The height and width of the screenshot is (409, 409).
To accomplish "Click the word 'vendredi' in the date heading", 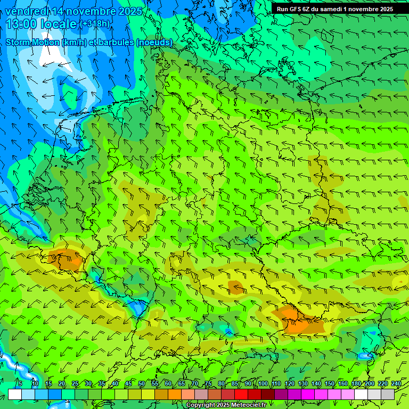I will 27,11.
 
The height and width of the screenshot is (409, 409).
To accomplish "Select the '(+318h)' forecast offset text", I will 95,24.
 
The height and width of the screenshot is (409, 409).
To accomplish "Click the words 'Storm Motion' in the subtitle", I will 32,42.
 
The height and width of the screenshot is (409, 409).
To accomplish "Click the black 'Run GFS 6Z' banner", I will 334,9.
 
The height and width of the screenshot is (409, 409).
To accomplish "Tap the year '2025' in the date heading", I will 129,11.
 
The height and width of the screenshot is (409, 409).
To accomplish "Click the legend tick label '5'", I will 20,383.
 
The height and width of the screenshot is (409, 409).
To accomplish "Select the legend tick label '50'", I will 141,383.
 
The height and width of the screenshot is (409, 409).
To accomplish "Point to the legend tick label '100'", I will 262,383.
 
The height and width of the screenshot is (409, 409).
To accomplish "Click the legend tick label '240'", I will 396,383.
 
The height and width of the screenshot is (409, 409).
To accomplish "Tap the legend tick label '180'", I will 356,383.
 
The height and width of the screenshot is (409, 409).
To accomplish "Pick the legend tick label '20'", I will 61,383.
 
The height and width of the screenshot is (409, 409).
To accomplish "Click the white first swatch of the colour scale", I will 15,394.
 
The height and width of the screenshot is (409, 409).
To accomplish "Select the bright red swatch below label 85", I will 241,394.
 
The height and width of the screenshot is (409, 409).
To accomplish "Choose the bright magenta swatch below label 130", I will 308,394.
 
